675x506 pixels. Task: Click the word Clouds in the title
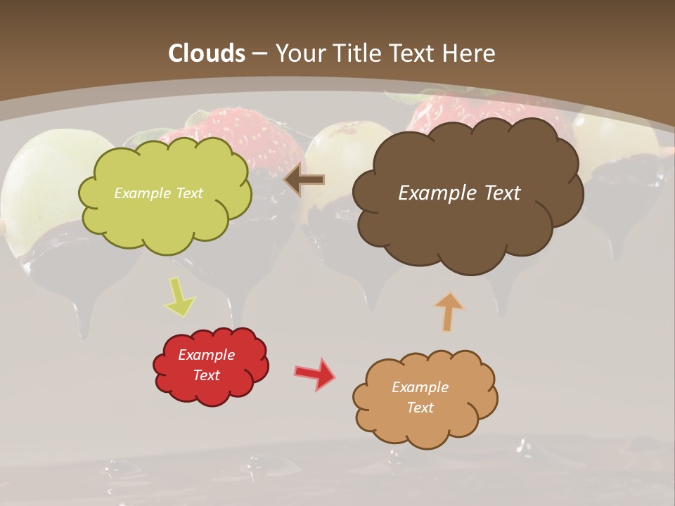207,53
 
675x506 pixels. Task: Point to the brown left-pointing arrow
304,180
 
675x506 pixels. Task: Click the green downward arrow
179,297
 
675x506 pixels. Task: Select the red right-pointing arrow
315,374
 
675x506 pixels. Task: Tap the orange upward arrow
449,311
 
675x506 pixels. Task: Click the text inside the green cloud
158,193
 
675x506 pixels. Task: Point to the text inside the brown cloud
459,193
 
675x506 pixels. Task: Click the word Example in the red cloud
206,355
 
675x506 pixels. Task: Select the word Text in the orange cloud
420,408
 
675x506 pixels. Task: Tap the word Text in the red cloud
206,375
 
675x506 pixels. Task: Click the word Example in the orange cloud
420,387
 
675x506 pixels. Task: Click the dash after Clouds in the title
259,54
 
